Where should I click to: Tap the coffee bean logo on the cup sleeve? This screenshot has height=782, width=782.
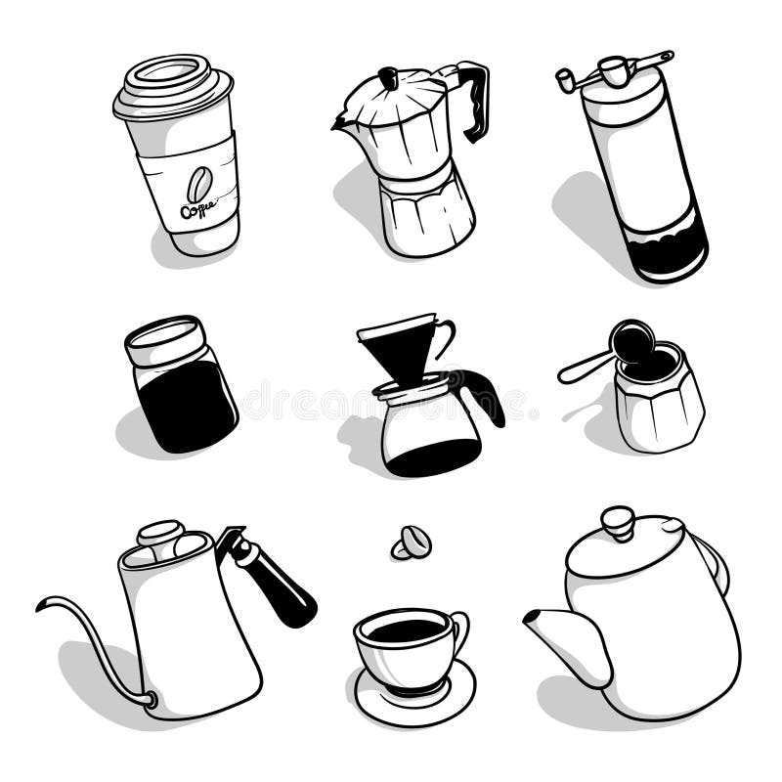[x=199, y=183]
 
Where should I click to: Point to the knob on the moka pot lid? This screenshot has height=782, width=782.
[x=389, y=75]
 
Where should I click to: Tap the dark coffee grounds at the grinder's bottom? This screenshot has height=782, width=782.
[x=670, y=256]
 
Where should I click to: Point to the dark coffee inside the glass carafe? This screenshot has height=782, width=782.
[x=431, y=457]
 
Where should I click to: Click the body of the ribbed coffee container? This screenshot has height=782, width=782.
[x=660, y=411]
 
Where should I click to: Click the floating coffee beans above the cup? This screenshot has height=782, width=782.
[x=412, y=543]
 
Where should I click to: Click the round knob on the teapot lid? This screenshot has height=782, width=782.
[x=618, y=521]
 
